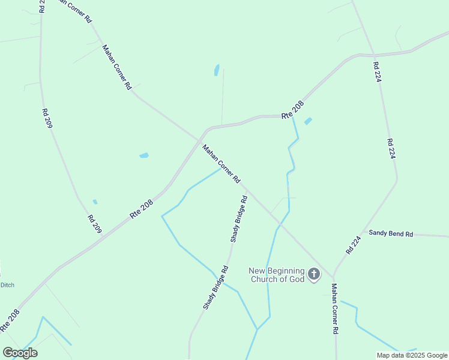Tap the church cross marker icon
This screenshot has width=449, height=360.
click(x=313, y=275)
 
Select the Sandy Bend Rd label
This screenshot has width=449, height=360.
click(x=391, y=233)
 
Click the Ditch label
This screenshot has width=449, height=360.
click(x=7, y=284)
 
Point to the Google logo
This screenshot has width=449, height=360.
click(x=20, y=353)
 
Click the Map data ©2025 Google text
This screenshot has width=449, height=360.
click(x=412, y=355)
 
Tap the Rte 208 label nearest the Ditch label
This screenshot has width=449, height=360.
click(x=10, y=320)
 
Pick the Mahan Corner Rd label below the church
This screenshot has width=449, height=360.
click(x=335, y=309)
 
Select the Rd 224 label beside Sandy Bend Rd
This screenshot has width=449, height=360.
click(x=354, y=245)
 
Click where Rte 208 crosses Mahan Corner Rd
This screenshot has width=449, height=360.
click(x=199, y=140)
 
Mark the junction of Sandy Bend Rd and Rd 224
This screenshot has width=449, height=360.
click(x=363, y=232)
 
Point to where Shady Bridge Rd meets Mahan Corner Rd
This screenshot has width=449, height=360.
click(x=246, y=187)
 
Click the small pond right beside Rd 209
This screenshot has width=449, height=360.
click(x=95, y=202)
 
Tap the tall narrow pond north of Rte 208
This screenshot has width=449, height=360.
click(x=216, y=70)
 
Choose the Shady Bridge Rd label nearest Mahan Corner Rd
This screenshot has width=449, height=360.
click(x=238, y=219)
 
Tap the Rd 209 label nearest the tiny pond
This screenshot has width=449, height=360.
click(x=95, y=224)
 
